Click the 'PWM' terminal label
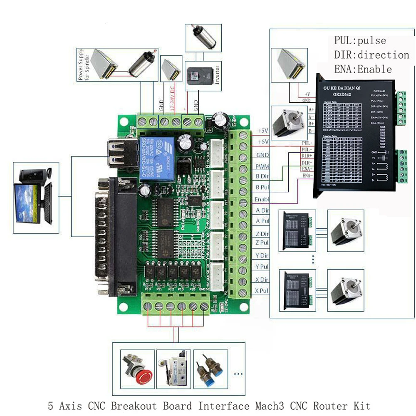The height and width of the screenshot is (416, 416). click(263, 166)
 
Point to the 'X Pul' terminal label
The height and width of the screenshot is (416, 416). click(262, 290)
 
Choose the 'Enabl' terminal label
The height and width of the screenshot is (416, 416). click(262, 199)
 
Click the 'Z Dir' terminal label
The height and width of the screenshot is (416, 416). click(262, 234)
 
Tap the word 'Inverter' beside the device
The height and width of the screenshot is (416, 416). click(218, 75)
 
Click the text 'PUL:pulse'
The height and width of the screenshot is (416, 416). click(360, 41)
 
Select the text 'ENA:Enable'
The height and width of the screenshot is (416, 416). click(363, 69)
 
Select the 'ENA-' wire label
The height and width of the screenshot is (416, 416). click(307, 176)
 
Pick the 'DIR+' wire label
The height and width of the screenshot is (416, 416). click(307, 156)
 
